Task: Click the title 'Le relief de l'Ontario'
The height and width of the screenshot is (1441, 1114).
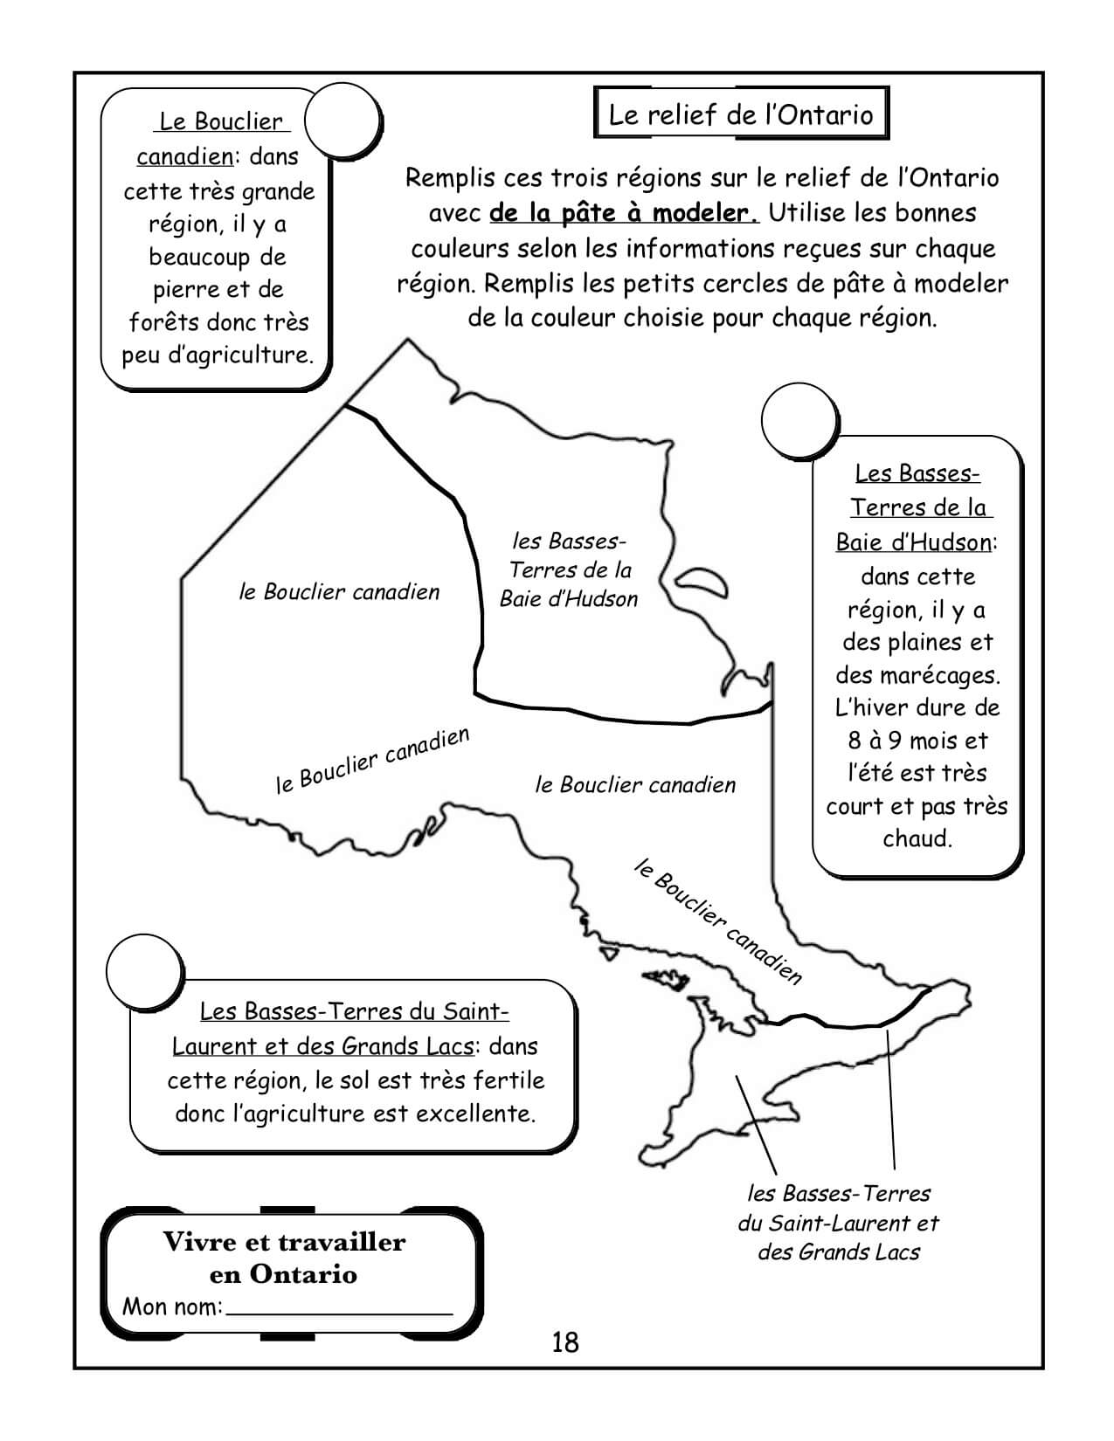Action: pos(740,114)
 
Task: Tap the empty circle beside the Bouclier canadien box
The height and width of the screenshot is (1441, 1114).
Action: pos(344,121)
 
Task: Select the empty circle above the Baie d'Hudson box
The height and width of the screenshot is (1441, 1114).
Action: pos(799,422)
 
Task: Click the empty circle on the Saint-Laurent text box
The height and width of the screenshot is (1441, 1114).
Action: pos(144,970)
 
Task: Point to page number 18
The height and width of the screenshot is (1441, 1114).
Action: pos(565,1341)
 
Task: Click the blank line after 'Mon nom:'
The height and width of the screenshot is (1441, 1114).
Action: pos(341,1307)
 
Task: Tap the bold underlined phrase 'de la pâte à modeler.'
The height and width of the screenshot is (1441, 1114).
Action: pos(624,212)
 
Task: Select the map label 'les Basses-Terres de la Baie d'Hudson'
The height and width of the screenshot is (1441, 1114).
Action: pos(569,569)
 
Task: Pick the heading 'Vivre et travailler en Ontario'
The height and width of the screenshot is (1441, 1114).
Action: pos(285,1258)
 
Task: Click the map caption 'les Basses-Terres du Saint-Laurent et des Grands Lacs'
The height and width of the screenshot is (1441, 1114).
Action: pos(839,1223)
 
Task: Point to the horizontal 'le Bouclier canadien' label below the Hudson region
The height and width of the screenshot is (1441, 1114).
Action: pos(635,785)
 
